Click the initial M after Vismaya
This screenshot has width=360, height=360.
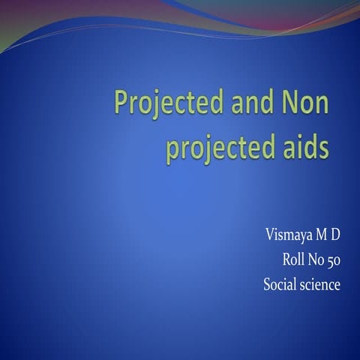pyautogui.click(x=319, y=235)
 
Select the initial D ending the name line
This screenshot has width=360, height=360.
pyautogui.click(x=335, y=235)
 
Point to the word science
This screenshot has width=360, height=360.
pyautogui.click(x=320, y=284)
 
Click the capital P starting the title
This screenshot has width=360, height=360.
pyautogui.click(x=119, y=103)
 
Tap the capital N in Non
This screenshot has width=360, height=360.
pyautogui.click(x=287, y=103)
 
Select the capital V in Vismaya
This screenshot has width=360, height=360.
pyautogui.click(x=269, y=235)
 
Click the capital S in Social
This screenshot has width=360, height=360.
pyautogui.click(x=267, y=284)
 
